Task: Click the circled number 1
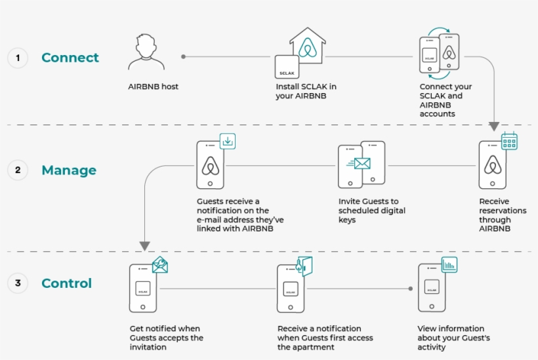point(18,58)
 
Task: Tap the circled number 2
point(18,170)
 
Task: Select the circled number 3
point(18,283)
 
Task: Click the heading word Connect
point(70,58)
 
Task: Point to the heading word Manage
point(69,170)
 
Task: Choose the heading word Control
point(66,283)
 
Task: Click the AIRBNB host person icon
point(146,52)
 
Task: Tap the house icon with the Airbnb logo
point(308,45)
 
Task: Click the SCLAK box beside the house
point(287,67)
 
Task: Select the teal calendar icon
point(509,140)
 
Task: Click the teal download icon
point(228,141)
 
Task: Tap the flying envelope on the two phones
point(358,163)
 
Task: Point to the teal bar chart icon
point(449,265)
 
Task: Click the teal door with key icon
point(304,266)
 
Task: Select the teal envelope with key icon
point(160,265)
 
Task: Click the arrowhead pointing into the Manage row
point(494,126)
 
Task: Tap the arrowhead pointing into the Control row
point(145,246)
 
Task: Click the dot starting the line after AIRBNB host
point(184,56)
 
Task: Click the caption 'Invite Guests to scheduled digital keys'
point(372,210)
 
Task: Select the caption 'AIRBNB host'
point(153,87)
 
